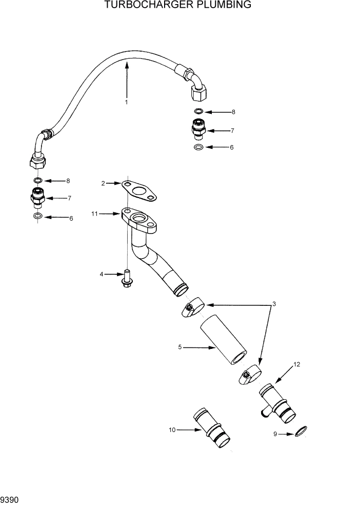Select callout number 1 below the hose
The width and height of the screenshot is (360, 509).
click(x=126, y=102)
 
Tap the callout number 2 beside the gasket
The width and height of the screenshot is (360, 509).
click(x=103, y=183)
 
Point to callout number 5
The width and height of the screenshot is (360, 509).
click(x=180, y=347)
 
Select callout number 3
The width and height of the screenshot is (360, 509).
click(x=274, y=304)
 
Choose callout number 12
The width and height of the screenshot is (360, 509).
click(x=296, y=364)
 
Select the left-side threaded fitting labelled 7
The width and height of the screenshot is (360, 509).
click(x=38, y=197)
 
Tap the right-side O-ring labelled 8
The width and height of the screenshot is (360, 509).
click(x=198, y=111)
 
